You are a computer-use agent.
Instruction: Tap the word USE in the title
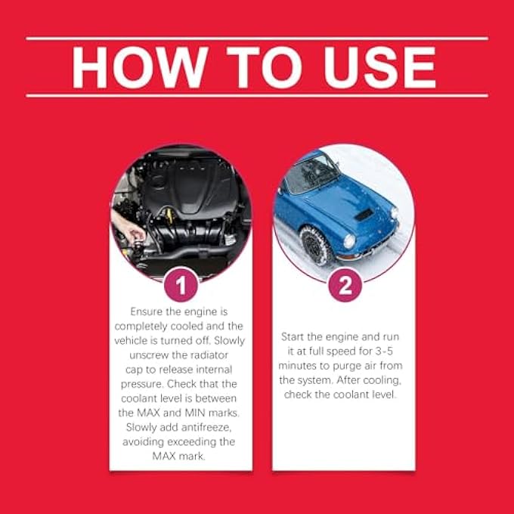tap(379, 67)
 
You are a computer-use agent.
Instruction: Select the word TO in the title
tap(264, 67)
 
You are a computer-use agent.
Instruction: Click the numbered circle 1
tap(181, 284)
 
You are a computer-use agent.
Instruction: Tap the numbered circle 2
tap(345, 284)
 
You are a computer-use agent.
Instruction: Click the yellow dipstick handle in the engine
tap(169, 214)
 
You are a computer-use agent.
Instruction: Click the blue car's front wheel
tap(315, 245)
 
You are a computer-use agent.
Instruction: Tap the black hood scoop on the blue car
tap(364, 215)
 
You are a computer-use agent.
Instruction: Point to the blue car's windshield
tap(311, 175)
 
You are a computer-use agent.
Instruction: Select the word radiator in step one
tap(209, 355)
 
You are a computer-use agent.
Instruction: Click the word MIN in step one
tap(195, 413)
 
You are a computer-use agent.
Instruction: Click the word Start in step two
tap(293, 336)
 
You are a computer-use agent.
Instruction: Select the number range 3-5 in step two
tap(384, 351)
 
